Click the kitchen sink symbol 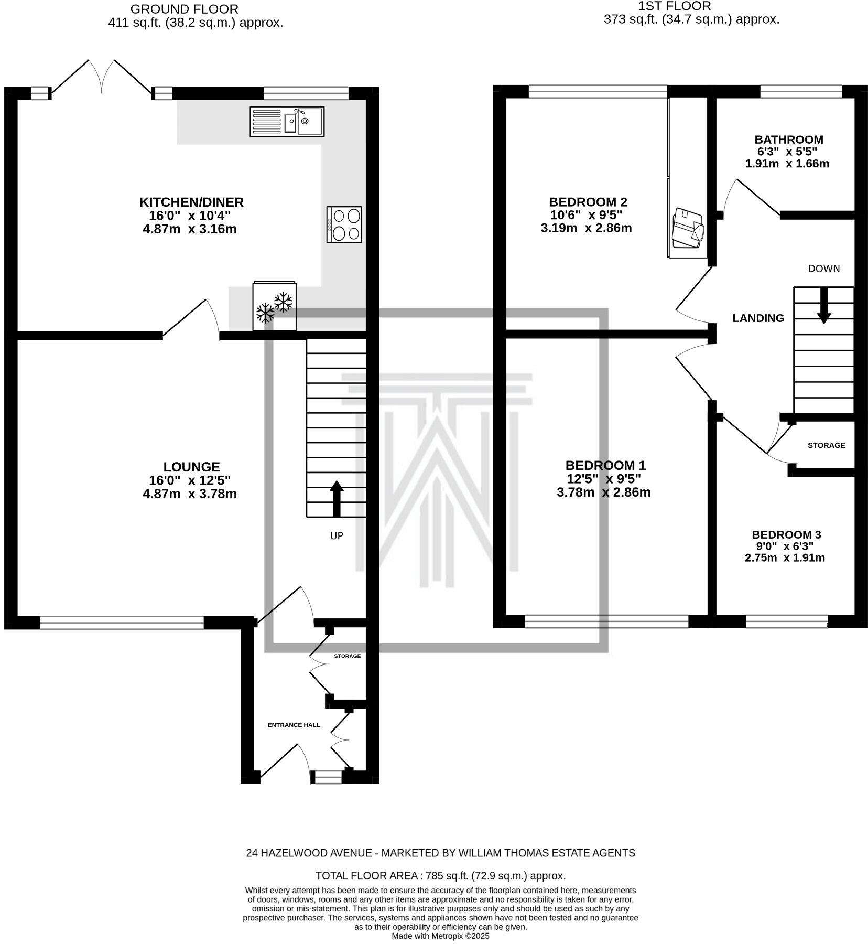click(287, 122)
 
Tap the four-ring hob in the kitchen click(344, 224)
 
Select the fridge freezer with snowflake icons click(275, 307)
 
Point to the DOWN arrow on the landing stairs click(824, 305)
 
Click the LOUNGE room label click(191, 467)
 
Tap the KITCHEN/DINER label click(191, 202)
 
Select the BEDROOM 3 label click(786, 534)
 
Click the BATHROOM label click(788, 140)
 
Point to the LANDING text click(758, 318)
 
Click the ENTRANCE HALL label click(294, 725)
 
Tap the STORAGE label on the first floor click(826, 445)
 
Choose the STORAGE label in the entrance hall click(348, 656)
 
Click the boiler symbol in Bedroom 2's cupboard click(688, 228)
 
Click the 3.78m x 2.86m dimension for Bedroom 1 click(603, 492)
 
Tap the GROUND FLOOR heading click(184, 9)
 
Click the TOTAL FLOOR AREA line click(440, 876)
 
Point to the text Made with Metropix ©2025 click(440, 936)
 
